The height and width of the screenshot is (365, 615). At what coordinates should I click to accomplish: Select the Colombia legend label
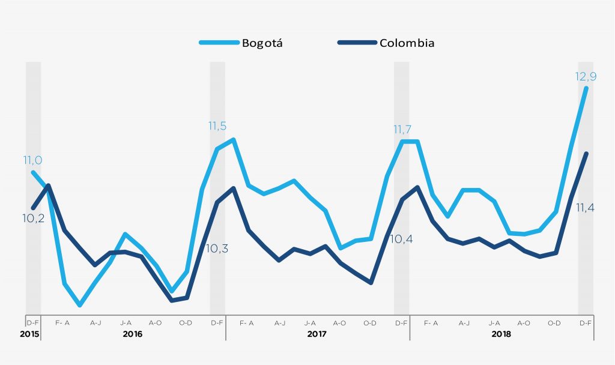click(x=407, y=43)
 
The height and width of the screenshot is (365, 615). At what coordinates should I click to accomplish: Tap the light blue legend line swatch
click(x=219, y=43)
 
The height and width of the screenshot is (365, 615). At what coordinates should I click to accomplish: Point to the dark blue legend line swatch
click(x=357, y=43)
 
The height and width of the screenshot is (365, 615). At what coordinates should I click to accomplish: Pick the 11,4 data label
click(x=586, y=208)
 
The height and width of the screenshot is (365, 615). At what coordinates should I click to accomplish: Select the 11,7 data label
click(x=402, y=129)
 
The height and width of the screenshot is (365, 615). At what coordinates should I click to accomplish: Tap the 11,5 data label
click(x=217, y=126)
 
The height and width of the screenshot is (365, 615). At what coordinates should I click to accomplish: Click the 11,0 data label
click(x=32, y=160)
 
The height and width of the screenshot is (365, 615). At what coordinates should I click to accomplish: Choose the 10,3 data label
click(x=217, y=248)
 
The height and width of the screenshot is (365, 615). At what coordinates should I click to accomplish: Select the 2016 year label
click(x=133, y=333)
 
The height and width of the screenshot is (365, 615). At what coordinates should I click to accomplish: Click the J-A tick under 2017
click(x=310, y=323)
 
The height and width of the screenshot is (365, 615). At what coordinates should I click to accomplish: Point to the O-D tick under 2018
click(x=554, y=323)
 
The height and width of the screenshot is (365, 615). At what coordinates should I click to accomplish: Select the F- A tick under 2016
click(x=62, y=323)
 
